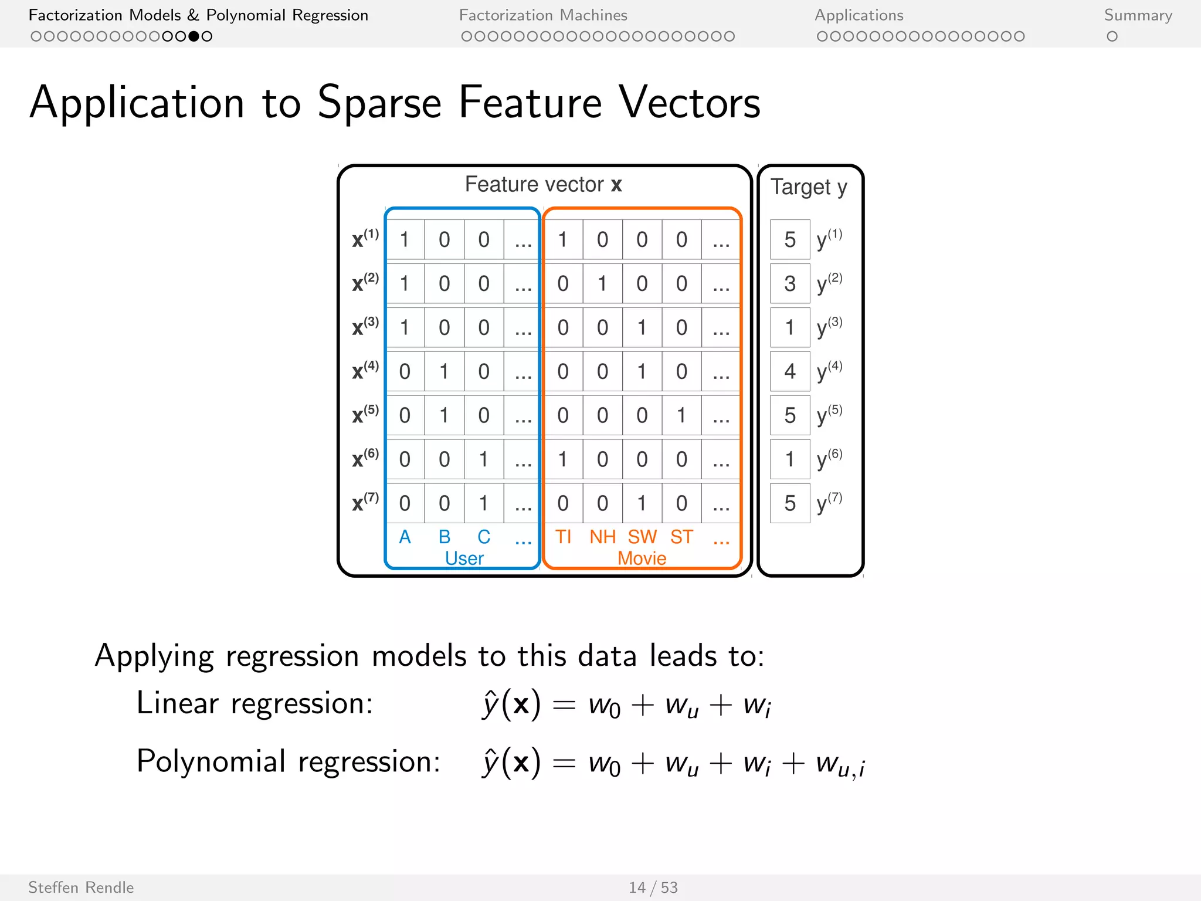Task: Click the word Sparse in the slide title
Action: coord(379,103)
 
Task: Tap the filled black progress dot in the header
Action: coord(194,36)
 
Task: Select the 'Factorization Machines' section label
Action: coord(542,15)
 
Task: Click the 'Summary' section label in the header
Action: coord(1138,15)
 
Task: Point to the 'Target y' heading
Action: coord(808,187)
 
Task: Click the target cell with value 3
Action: coord(789,284)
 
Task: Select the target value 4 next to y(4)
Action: coord(789,371)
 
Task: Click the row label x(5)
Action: coord(365,414)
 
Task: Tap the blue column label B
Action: coord(445,537)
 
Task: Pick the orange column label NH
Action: coord(602,537)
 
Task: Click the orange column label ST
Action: coord(681,537)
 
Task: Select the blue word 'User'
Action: coord(464,558)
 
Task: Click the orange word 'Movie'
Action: coord(642,558)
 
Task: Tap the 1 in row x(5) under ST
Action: coord(681,415)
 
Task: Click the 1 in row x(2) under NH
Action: coord(602,284)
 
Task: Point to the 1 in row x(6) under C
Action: coord(483,459)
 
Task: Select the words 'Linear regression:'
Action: coord(255,703)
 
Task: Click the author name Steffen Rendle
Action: coord(81,888)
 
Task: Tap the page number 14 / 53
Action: coord(653,888)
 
